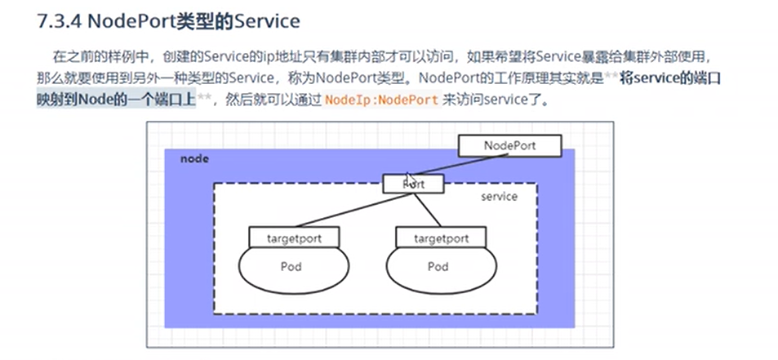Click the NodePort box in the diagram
(x=509, y=145)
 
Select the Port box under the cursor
(x=415, y=184)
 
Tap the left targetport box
(x=295, y=238)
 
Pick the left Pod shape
(x=291, y=268)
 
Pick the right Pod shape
(x=438, y=268)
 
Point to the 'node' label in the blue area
(x=194, y=158)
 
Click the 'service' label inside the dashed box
(x=499, y=197)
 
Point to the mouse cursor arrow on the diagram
(x=410, y=179)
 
